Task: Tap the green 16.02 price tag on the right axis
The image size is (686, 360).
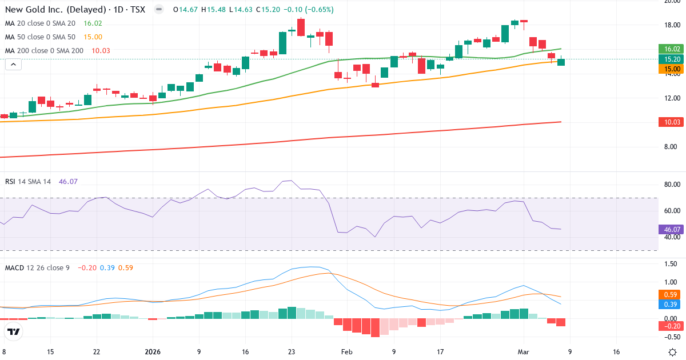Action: point(671,49)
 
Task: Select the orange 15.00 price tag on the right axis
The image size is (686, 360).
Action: point(671,69)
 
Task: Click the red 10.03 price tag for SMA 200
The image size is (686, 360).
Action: point(671,122)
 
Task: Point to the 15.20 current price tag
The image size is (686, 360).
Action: point(671,59)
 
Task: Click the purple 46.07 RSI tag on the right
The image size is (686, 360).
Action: point(671,230)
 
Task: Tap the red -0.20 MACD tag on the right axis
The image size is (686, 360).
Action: point(671,326)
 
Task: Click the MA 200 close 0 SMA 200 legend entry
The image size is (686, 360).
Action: point(45,51)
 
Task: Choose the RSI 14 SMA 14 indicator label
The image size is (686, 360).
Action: point(28,182)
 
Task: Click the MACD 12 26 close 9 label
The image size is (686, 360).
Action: point(38,267)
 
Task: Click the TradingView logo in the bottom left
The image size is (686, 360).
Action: point(14,331)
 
